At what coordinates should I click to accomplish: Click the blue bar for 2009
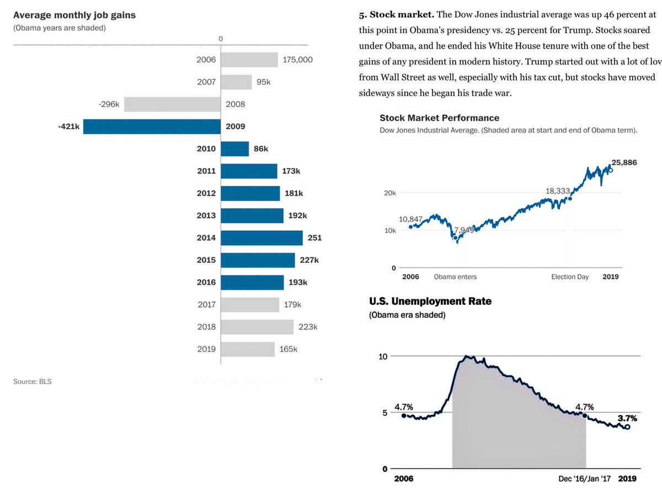(152, 126)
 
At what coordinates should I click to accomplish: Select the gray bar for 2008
(172, 104)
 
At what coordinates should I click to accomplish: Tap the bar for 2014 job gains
(261, 238)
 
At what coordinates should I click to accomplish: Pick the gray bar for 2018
(257, 327)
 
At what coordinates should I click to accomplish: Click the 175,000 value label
(297, 60)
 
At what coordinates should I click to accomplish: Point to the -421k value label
(69, 126)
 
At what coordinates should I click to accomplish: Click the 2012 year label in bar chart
(206, 193)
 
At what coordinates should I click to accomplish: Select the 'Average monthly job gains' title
(74, 15)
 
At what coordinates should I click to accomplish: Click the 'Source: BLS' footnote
(32, 382)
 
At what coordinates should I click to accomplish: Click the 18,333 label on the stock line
(557, 191)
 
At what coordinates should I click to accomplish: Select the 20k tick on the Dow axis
(389, 193)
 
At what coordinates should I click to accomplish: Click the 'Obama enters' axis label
(455, 277)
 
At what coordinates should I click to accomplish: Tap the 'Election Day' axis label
(570, 277)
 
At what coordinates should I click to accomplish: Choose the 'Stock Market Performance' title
(439, 118)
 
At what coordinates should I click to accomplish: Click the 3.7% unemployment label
(626, 418)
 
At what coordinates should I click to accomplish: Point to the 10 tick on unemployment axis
(382, 356)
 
